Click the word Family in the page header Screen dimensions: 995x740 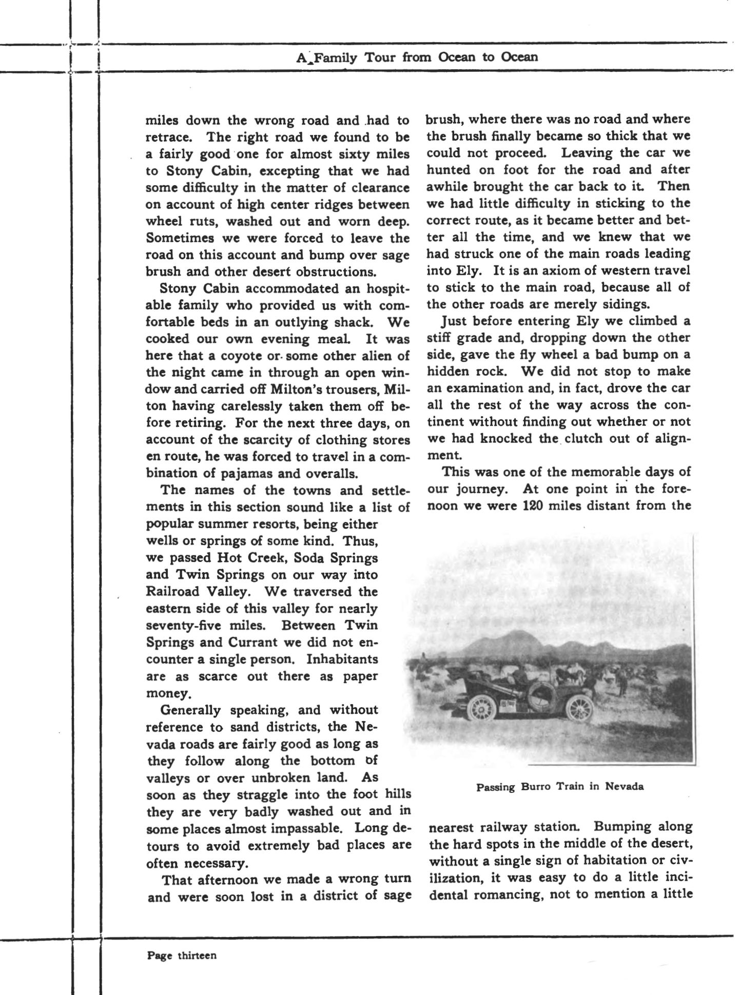pyautogui.click(x=336, y=57)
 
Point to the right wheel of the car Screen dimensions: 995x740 pyautogui.click(x=579, y=706)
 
